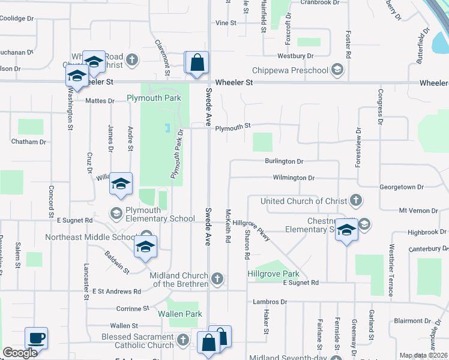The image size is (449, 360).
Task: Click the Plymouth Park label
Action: pos(154,98)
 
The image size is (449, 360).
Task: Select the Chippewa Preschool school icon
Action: pos(338,71)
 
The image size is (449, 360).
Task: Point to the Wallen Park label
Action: pos(180,314)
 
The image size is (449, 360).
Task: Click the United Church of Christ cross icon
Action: pos(355,201)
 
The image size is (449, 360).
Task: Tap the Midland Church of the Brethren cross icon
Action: pos(217,278)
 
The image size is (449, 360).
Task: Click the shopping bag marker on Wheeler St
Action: pos(197,63)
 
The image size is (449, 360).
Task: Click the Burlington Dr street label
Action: pos(284,161)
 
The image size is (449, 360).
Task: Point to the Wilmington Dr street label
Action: pos(294,178)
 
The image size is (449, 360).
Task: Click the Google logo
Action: pos(20,352)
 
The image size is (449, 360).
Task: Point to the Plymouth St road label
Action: pos(232,127)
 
